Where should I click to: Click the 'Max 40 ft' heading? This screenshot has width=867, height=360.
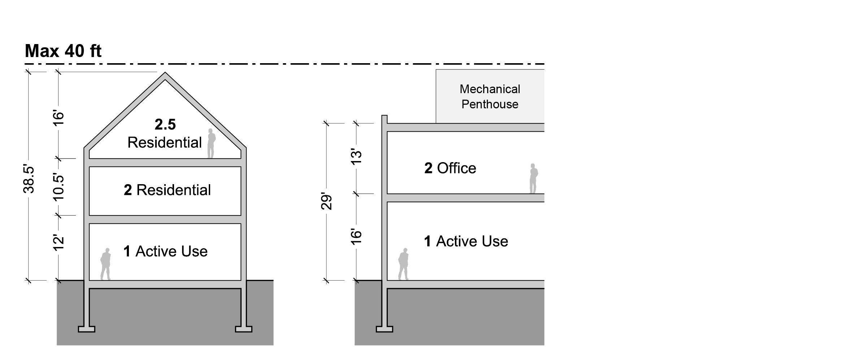pyautogui.click(x=63, y=51)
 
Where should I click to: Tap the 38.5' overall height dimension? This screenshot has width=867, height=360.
pyautogui.click(x=29, y=179)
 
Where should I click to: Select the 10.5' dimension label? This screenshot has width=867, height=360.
pyautogui.click(x=58, y=187)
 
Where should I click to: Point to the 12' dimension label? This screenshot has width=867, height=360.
pyautogui.click(x=58, y=242)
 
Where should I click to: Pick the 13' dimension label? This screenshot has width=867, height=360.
pyautogui.click(x=356, y=156)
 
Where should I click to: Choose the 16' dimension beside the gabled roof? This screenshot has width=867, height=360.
pyautogui.click(x=58, y=118)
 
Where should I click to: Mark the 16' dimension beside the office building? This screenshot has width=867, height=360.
pyautogui.click(x=356, y=237)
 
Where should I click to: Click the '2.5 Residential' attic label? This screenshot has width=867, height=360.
pyautogui.click(x=165, y=134)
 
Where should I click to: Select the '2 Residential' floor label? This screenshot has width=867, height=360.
pyautogui.click(x=167, y=190)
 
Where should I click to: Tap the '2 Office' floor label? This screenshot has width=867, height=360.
pyautogui.click(x=450, y=168)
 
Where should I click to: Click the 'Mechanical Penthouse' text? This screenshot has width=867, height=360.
pyautogui.click(x=490, y=96)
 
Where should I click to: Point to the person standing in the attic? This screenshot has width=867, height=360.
pyautogui.click(x=211, y=143)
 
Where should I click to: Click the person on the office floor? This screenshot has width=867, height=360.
pyautogui.click(x=533, y=178)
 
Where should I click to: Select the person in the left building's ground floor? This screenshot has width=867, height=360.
pyautogui.click(x=106, y=264)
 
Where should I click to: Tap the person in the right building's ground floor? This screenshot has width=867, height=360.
pyautogui.click(x=403, y=264)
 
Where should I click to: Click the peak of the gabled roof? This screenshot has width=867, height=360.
pyautogui.click(x=165, y=73)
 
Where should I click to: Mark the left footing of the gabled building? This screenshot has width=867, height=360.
pyautogui.click(x=87, y=329)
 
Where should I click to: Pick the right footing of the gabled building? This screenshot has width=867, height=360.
pyautogui.click(x=244, y=329)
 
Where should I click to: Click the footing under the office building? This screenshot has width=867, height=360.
pyautogui.click(x=384, y=329)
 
